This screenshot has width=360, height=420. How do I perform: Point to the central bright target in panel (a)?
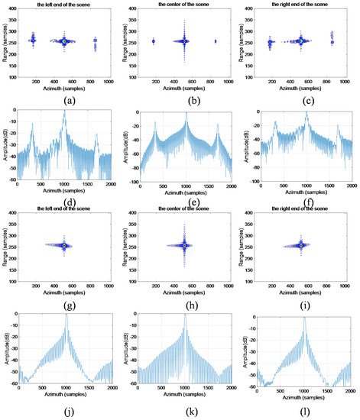click(x=64, y=41)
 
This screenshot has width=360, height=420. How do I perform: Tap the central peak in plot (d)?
click(x=65, y=112)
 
